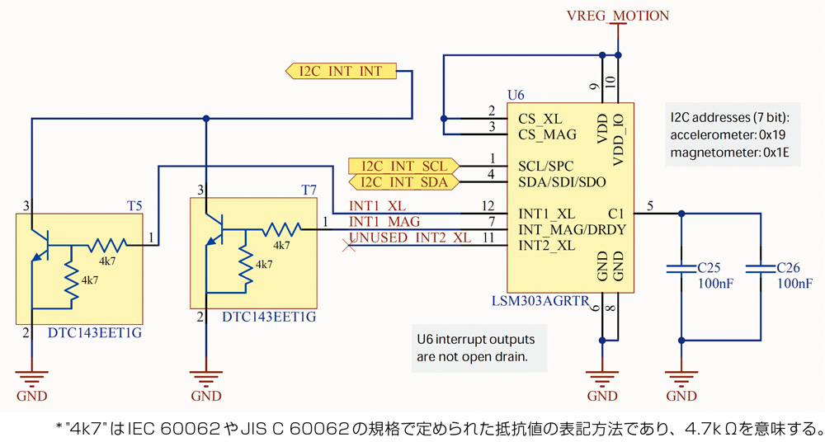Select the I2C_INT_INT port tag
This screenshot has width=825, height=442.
[x=341, y=71]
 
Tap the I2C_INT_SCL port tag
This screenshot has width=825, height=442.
[x=403, y=166]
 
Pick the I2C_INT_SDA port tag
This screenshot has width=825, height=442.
[x=403, y=181]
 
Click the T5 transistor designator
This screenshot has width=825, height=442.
[x=134, y=205]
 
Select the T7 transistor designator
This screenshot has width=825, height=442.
[x=309, y=189]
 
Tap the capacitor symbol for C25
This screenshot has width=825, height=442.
[x=682, y=268]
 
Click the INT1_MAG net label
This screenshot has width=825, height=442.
[x=384, y=222]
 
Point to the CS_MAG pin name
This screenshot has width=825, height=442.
[x=547, y=134]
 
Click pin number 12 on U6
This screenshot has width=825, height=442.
[x=489, y=205]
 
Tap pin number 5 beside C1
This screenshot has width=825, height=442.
[x=652, y=205]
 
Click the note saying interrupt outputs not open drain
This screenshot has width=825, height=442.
[x=476, y=348]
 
